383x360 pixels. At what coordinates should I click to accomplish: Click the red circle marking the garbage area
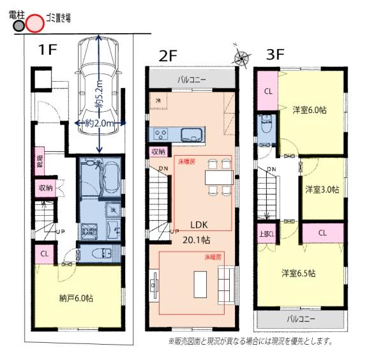tap(34, 24)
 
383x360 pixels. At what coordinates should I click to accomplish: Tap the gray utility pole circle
tap(19, 26)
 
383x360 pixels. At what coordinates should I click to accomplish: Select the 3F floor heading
tap(275, 54)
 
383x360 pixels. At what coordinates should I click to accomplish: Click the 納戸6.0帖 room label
tap(72, 298)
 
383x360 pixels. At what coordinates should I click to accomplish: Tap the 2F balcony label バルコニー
tap(191, 80)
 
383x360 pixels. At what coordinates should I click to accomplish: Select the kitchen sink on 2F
tap(191, 135)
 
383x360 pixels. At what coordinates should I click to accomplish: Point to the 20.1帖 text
tap(199, 240)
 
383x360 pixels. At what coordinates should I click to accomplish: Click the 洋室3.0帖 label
tap(321, 190)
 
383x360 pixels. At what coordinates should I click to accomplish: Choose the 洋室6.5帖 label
tap(300, 273)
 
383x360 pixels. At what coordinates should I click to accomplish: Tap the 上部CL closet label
tap(266, 233)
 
